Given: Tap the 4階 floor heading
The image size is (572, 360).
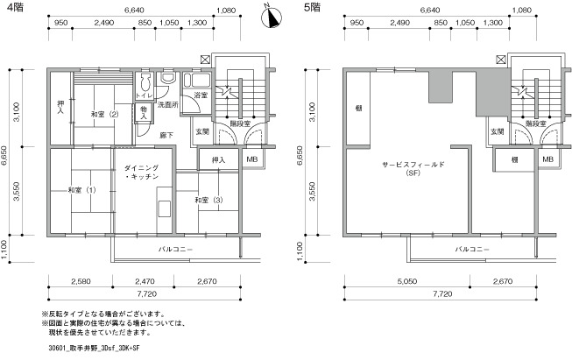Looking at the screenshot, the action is click(15, 7).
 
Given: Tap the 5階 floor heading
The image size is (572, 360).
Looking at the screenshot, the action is click(312, 7).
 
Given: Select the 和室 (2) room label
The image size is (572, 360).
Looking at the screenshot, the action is click(104, 114).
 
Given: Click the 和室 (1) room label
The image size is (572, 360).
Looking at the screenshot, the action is click(81, 190).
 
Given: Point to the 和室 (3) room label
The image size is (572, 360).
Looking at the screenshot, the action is click(208, 200).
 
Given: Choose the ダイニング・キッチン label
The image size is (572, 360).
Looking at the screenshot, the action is click(141, 173).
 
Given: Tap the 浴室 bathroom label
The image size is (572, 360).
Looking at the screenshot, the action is click(201, 95).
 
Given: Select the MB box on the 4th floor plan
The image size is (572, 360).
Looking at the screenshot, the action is click(252, 159).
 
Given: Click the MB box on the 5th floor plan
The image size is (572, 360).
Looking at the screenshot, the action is click(548, 159).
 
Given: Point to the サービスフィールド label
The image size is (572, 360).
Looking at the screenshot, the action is click(413, 165).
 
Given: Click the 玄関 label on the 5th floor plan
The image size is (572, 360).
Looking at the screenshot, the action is click(498, 131).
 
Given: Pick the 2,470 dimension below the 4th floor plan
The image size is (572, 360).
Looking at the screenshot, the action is click(145, 281).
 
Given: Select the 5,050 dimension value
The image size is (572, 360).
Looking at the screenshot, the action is click(407, 281).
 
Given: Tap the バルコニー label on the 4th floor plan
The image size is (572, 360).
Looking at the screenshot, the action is click(175, 250).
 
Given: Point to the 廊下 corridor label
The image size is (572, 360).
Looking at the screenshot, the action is click(166, 135).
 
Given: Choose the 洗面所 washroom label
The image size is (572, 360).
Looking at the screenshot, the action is click(168, 105).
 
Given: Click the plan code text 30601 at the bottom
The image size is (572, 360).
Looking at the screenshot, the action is click(57, 348).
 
